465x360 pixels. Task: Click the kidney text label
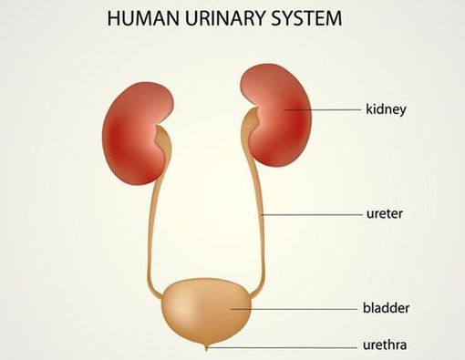pyautogui.click(x=386, y=109)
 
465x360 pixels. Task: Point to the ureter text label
pyautogui.click(x=384, y=215)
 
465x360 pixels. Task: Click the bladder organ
pyautogui.click(x=205, y=310)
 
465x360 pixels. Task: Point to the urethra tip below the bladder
pyautogui.click(x=206, y=346)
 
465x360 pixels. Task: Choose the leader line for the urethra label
pyautogui.click(x=283, y=346)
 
